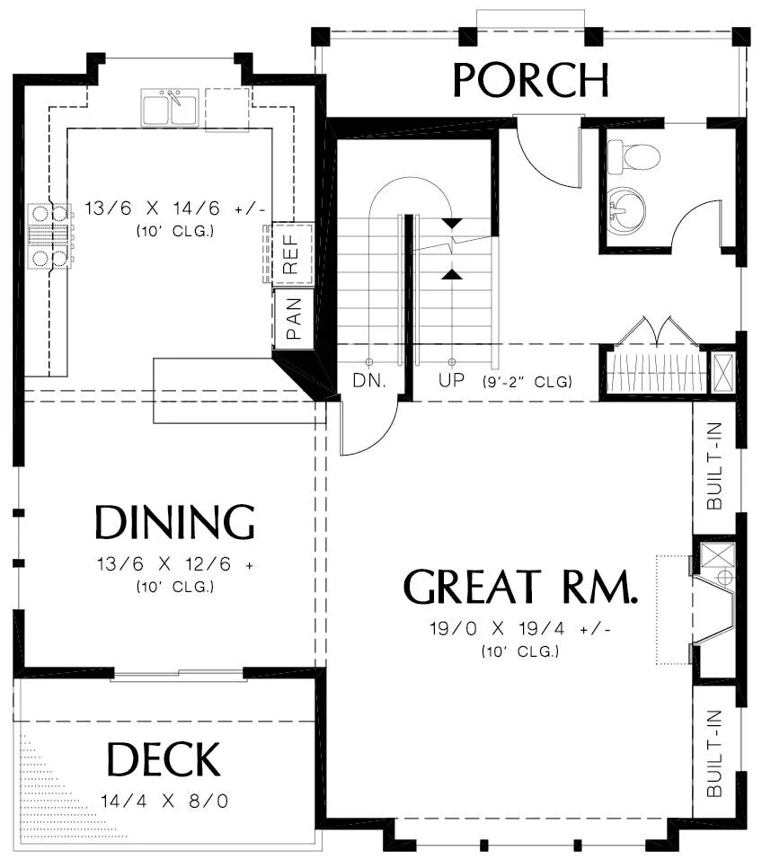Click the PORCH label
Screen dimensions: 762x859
[x=531, y=80]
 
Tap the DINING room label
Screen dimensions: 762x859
[x=174, y=522]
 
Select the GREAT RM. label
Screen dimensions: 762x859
[x=520, y=587]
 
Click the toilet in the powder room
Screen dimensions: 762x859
[x=634, y=156]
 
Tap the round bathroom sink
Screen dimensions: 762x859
[x=626, y=211]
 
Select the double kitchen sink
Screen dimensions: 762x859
[x=170, y=108]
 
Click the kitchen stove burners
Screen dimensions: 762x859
[x=50, y=236]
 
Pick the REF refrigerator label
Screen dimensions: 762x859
[x=290, y=254]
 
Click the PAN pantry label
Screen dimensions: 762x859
[x=294, y=319]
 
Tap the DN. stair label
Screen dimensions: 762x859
[x=369, y=380]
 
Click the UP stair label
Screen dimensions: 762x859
[x=451, y=380]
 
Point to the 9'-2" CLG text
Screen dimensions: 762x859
[x=527, y=381]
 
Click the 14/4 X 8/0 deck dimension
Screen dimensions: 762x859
[x=164, y=801]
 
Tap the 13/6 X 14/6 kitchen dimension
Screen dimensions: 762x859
[x=174, y=208]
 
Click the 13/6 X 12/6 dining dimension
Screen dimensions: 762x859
[x=174, y=563]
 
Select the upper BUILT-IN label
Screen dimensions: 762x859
[x=714, y=466]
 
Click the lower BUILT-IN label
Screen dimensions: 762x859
[x=714, y=753]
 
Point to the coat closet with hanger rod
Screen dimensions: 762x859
[x=656, y=373]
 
